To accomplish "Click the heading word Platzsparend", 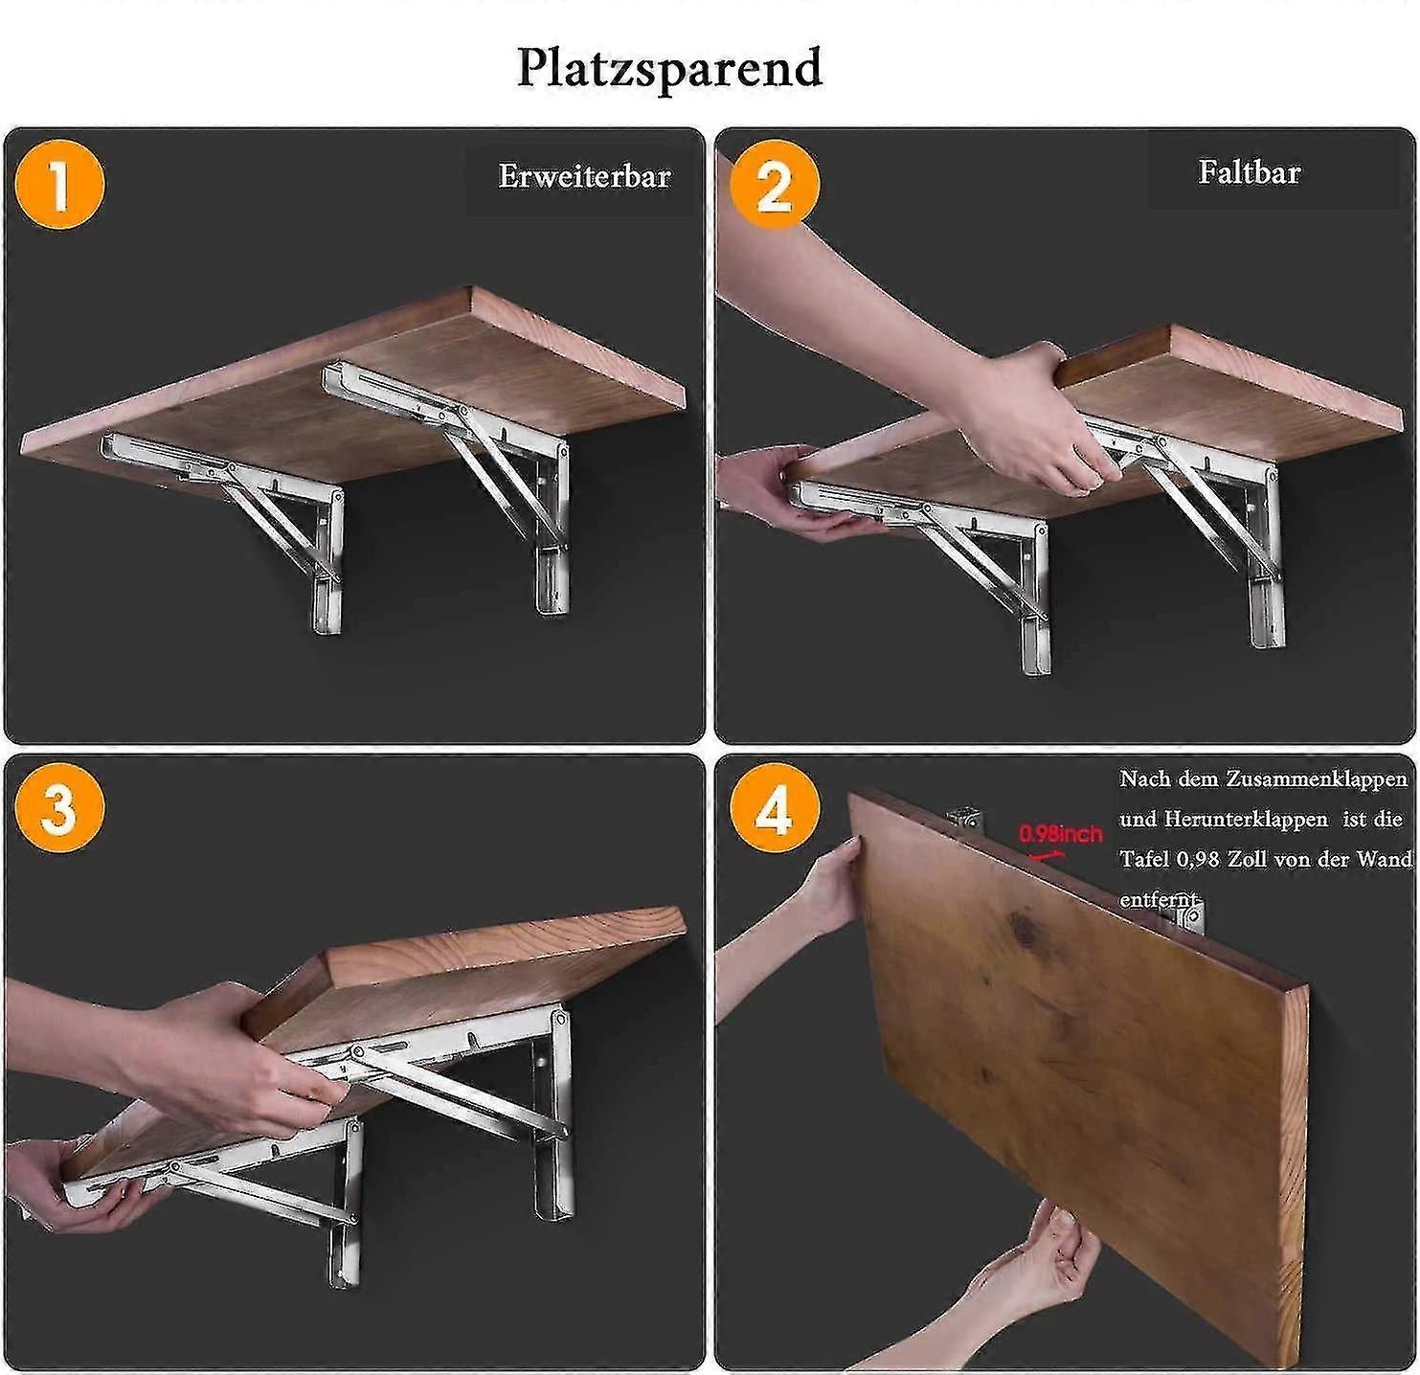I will [x=669, y=68].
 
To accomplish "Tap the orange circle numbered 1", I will [x=59, y=184].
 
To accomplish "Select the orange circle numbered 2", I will [x=774, y=184].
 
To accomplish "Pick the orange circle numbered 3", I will [x=59, y=807].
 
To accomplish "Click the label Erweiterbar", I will [x=583, y=176].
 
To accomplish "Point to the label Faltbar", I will [x=1249, y=172].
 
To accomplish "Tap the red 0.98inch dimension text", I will [x=1060, y=834].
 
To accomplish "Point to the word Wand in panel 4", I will [x=1386, y=859].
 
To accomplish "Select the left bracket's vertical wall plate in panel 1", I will [x=328, y=565].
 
